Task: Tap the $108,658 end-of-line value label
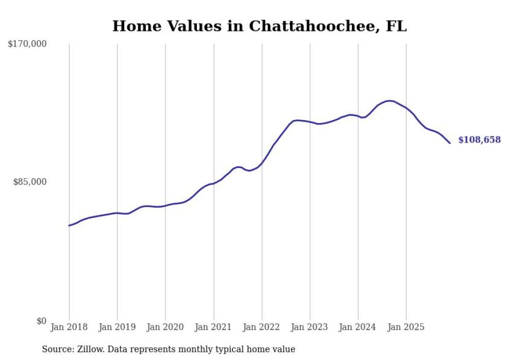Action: pyautogui.click(x=479, y=140)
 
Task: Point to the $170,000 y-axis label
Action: pyautogui.click(x=27, y=44)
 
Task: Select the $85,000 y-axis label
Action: pyautogui.click(x=30, y=182)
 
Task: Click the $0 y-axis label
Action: pyautogui.click(x=41, y=321)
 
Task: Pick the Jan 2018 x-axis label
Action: pyautogui.click(x=69, y=327)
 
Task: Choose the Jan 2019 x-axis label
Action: pyautogui.click(x=117, y=327)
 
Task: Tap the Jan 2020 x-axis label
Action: pyautogui.click(x=165, y=327)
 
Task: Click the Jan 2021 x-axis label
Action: pyautogui.click(x=213, y=327)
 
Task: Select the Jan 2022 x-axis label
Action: pyautogui.click(x=262, y=327)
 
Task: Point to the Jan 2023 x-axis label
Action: pyautogui.click(x=310, y=327)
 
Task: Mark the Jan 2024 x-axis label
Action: pyautogui.click(x=358, y=327)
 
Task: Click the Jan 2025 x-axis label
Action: pyautogui.click(x=406, y=327)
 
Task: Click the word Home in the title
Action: pyautogui.click(x=133, y=26)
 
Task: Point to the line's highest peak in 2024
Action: pyautogui.click(x=389, y=100)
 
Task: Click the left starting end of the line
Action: pyautogui.click(x=69, y=226)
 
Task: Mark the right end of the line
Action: pyautogui.click(x=450, y=143)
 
